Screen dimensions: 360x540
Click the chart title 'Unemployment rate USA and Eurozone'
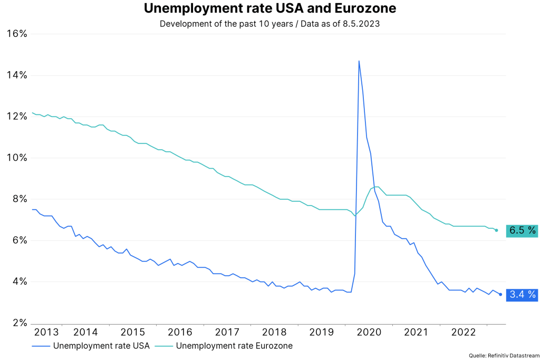pyautogui.click(x=270, y=9)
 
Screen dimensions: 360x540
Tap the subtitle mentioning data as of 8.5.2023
pyautogui.click(x=270, y=24)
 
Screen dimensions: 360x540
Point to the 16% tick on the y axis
pyautogui.click(x=16, y=34)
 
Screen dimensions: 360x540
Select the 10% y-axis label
pyautogui.click(x=16, y=158)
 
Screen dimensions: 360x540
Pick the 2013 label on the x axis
pyautogui.click(x=46, y=332)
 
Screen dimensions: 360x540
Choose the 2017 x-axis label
pyautogui.click(x=227, y=332)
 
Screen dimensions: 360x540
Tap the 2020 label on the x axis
pyautogui.click(x=369, y=332)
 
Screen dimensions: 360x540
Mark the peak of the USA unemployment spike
pyautogui.click(x=359, y=61)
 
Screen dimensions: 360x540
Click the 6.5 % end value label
pyautogui.click(x=522, y=230)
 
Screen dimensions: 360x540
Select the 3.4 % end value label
pyautogui.click(x=522, y=295)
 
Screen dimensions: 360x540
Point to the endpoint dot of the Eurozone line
pyautogui.click(x=496, y=230)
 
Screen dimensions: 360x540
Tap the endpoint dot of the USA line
pyautogui.click(x=500, y=294)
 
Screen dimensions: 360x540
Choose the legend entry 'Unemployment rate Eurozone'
pyautogui.click(x=234, y=346)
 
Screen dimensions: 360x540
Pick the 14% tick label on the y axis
pyautogui.click(x=16, y=75)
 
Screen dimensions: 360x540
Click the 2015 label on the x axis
pyautogui.click(x=132, y=332)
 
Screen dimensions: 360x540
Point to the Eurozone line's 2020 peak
pyautogui.click(x=377, y=187)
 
